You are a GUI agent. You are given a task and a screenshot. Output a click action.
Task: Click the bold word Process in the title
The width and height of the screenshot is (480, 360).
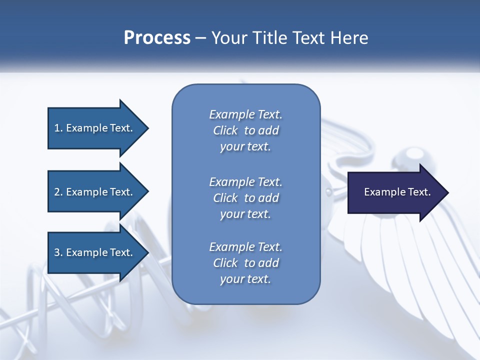[157, 37]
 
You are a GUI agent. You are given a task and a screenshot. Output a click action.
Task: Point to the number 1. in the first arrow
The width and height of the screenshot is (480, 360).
[58, 128]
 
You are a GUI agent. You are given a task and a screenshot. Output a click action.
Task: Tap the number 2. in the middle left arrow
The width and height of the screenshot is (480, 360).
[58, 192]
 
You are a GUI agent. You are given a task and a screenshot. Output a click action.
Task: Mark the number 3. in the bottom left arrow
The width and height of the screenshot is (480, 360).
[58, 252]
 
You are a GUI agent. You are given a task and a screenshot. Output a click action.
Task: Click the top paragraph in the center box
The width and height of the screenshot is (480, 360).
[245, 130]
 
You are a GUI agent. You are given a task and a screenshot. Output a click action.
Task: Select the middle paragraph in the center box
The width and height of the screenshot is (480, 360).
[245, 197]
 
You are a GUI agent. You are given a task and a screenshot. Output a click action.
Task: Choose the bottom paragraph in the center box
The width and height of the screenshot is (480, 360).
[245, 263]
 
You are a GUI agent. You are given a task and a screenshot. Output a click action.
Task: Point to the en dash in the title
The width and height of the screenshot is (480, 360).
[200, 38]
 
